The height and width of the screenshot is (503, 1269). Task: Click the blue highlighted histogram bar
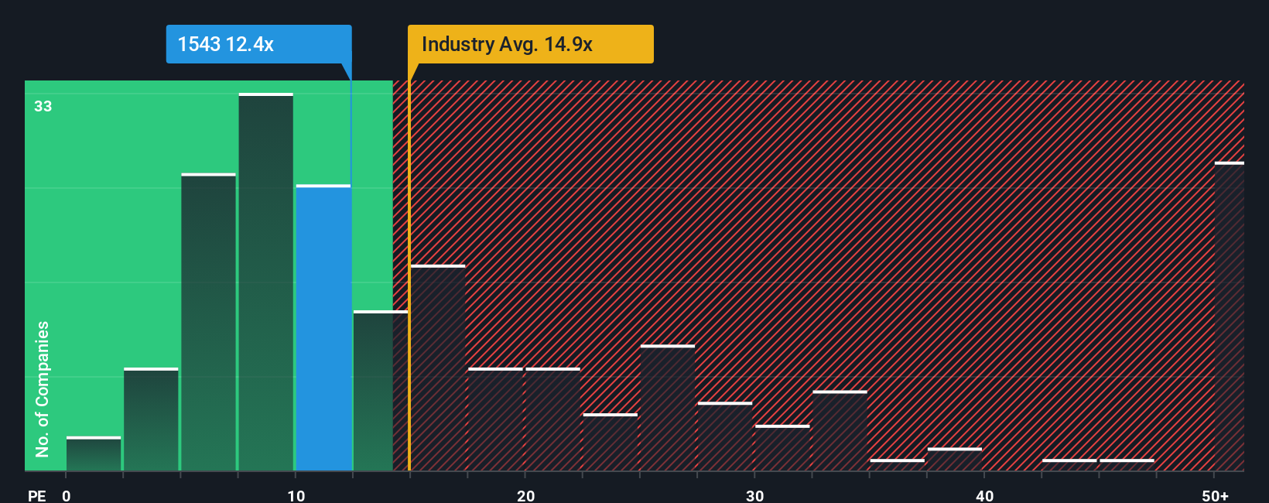pyautogui.click(x=323, y=328)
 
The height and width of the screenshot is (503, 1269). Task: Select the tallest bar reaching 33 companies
pyautogui.click(x=266, y=282)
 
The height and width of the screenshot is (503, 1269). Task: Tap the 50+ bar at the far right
pyautogui.click(x=1229, y=317)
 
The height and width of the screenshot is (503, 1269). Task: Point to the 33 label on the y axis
pyautogui.click(x=43, y=106)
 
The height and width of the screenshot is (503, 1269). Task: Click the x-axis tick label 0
pyautogui.click(x=67, y=495)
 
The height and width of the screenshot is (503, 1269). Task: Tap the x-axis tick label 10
pyautogui.click(x=296, y=495)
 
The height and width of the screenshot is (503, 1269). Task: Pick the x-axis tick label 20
pyautogui.click(x=525, y=495)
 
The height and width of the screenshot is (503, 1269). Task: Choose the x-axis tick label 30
pyautogui.click(x=754, y=495)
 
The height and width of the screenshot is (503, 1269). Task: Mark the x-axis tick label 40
pyautogui.click(x=984, y=495)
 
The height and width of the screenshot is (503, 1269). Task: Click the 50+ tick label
pyautogui.click(x=1215, y=495)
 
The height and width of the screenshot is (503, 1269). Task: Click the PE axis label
pyautogui.click(x=36, y=495)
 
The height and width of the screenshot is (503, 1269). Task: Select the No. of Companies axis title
pyautogui.click(x=43, y=388)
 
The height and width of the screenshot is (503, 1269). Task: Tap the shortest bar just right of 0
pyautogui.click(x=94, y=454)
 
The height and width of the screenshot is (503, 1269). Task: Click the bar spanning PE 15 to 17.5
pyautogui.click(x=438, y=368)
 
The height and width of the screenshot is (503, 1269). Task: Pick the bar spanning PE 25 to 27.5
pyautogui.click(x=668, y=408)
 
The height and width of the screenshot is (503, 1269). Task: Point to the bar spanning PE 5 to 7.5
pyautogui.click(x=209, y=323)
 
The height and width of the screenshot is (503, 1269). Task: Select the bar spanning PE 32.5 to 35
pyautogui.click(x=840, y=431)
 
